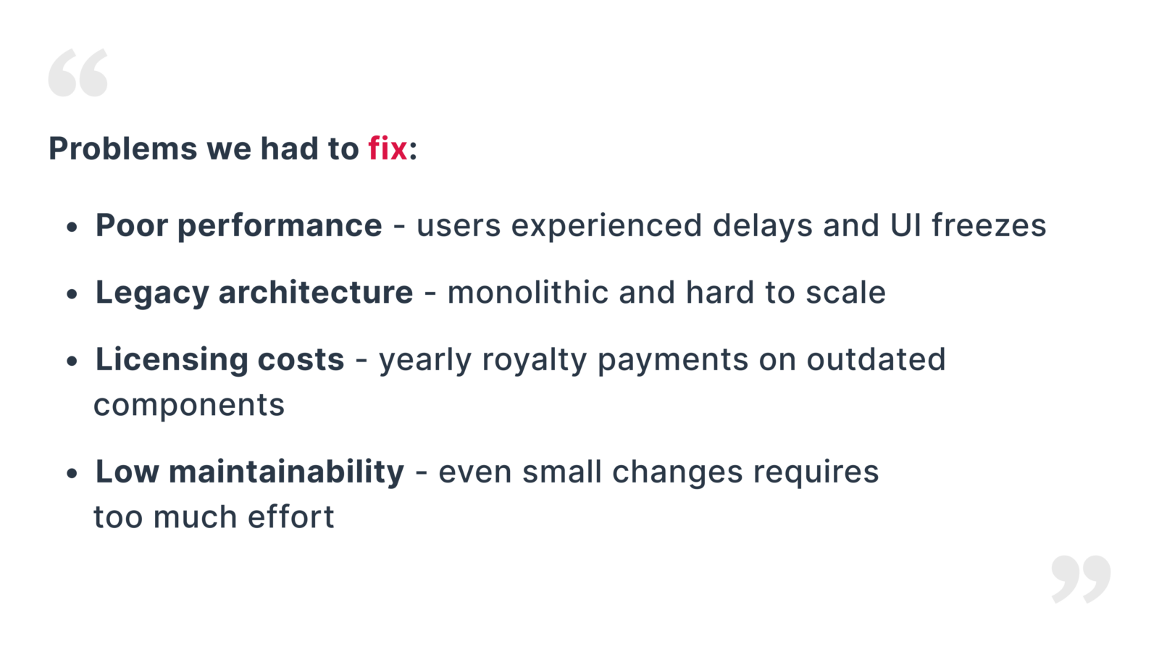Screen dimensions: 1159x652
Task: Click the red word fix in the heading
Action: point(388,149)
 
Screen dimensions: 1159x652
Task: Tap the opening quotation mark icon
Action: point(78,72)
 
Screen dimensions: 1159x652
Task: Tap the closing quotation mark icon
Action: point(1081,580)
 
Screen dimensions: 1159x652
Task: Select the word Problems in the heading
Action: point(122,149)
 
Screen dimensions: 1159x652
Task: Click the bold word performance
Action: point(280,227)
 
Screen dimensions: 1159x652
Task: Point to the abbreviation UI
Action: point(905,225)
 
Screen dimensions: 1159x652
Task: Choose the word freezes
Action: point(989,225)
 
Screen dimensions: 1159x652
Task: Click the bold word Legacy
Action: point(151,293)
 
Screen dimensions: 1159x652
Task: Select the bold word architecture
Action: point(316,293)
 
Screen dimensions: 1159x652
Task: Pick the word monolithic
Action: point(528,293)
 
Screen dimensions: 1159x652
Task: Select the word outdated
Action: point(876,359)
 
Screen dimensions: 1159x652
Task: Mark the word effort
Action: point(290,517)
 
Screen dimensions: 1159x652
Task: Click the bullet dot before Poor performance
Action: point(72,227)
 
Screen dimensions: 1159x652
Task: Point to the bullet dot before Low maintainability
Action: point(72,473)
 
